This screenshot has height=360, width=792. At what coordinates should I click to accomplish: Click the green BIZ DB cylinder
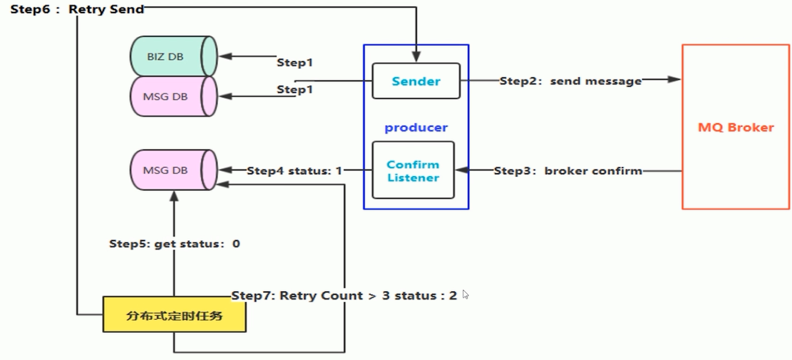click(173, 57)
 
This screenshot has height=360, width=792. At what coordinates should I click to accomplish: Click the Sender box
click(416, 81)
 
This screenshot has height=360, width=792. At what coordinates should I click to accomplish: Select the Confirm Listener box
click(413, 171)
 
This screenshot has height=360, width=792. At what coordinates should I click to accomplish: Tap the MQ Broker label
click(736, 127)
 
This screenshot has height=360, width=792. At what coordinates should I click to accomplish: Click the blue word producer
click(416, 128)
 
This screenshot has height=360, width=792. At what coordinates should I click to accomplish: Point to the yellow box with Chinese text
click(174, 315)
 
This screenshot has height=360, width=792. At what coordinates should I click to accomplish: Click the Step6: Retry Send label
click(77, 9)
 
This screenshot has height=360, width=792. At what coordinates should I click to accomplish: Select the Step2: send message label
click(570, 81)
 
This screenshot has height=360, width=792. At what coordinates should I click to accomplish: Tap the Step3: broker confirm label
click(568, 171)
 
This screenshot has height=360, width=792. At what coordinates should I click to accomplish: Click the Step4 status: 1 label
click(295, 171)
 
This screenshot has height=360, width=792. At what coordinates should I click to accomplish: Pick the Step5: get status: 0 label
click(174, 244)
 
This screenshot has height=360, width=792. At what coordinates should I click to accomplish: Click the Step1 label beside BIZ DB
click(295, 62)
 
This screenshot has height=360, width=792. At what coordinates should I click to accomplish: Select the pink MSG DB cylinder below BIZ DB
click(173, 96)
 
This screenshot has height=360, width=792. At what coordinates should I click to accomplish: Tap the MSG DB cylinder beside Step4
click(173, 170)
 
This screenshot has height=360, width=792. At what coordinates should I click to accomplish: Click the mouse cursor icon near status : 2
click(466, 294)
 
